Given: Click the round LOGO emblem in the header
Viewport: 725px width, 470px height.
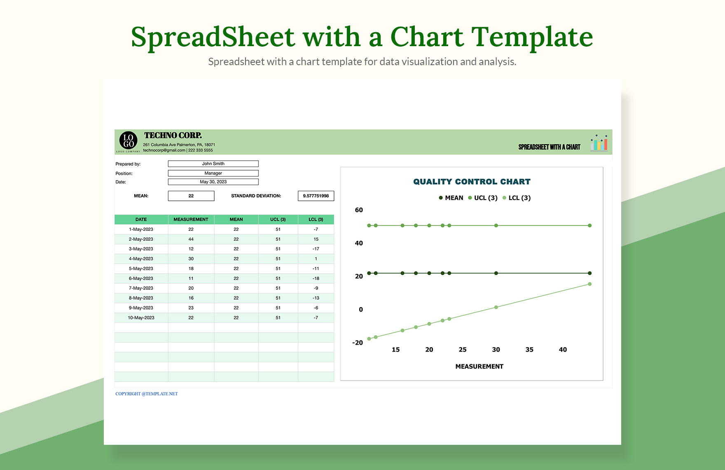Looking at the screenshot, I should coord(128,141).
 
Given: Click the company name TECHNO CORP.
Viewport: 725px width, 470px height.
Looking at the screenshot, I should coord(173,135).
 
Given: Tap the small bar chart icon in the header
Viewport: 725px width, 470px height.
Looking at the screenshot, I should coord(599,143).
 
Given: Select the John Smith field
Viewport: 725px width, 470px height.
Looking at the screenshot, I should coord(213,164).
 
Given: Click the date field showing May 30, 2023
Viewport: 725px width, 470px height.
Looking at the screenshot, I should coord(213,182).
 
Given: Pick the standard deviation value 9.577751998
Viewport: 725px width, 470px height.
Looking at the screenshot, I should coord(316,196).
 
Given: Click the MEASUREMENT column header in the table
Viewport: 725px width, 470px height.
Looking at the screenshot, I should coord(191,219).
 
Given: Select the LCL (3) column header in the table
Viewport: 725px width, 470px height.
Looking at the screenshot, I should coord(316,219).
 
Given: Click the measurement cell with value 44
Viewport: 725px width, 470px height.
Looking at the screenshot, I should coord(191,239).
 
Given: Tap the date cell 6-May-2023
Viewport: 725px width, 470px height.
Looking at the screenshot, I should coord(141,278).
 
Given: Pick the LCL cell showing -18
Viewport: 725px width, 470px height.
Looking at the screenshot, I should coord(316,278).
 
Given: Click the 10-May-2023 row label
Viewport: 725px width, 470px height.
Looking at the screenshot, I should coord(141,318).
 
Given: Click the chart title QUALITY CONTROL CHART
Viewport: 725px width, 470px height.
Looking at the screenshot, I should coord(472,182).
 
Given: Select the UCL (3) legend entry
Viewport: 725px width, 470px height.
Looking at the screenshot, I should coord(483,198).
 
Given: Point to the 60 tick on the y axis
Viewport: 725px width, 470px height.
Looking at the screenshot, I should coord(359,210).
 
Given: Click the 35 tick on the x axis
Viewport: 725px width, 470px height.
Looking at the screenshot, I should coord(529,350).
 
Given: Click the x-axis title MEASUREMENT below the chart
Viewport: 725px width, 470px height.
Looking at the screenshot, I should coord(479,367).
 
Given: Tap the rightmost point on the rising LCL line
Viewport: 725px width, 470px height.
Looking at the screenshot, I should coord(589,284).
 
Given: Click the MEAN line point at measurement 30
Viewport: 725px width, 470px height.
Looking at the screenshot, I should coord(496,273).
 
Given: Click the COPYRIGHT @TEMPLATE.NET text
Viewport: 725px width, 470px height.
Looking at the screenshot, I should coord(147,394).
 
